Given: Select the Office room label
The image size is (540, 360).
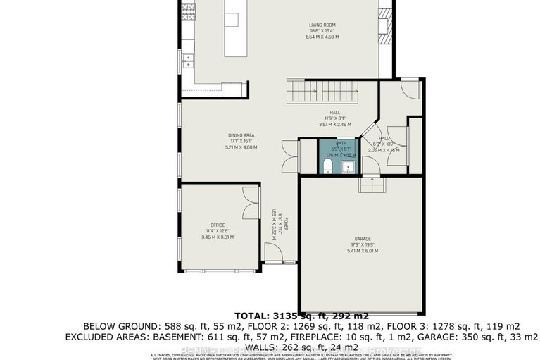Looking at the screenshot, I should [218, 225].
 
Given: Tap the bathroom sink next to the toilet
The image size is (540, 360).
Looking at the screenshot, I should [347, 166].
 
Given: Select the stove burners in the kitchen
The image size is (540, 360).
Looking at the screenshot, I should [189, 12].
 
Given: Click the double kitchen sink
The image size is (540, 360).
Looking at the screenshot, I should [189, 62].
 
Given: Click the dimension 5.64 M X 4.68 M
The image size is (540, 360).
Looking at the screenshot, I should [324, 37].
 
